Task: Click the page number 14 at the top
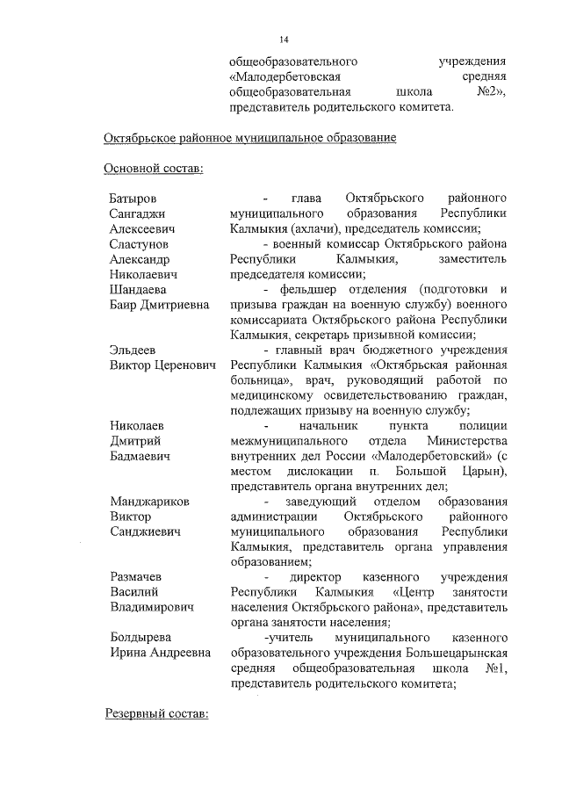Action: pos(284,40)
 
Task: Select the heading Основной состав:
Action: pos(154,168)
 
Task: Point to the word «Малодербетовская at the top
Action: pos(283,78)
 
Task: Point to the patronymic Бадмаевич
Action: pos(140,457)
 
